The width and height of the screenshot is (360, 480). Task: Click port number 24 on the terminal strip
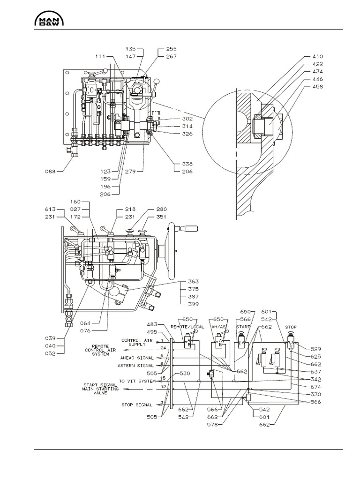coord(163,348)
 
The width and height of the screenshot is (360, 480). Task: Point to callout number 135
coord(131,49)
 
